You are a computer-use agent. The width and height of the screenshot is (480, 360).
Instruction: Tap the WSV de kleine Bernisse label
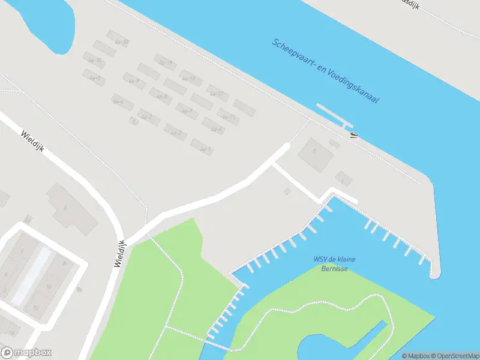click(x=334, y=263)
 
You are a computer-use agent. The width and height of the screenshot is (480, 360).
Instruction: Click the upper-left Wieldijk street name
click(x=33, y=143)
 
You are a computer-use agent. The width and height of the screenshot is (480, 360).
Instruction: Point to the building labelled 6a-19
click(x=164, y=62)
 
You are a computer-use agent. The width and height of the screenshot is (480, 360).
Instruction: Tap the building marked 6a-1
click(x=202, y=147)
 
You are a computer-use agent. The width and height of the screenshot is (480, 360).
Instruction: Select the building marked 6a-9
click(x=133, y=80)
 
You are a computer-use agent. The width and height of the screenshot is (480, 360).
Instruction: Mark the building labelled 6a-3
click(x=148, y=116)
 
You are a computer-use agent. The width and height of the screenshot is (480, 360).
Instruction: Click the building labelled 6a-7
click(x=187, y=110)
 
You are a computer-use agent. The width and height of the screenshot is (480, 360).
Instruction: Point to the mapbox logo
click(x=26, y=353)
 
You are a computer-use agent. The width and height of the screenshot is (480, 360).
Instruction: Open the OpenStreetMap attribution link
click(x=454, y=355)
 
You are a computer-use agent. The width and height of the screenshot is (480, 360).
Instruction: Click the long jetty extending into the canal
click(x=333, y=115)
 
